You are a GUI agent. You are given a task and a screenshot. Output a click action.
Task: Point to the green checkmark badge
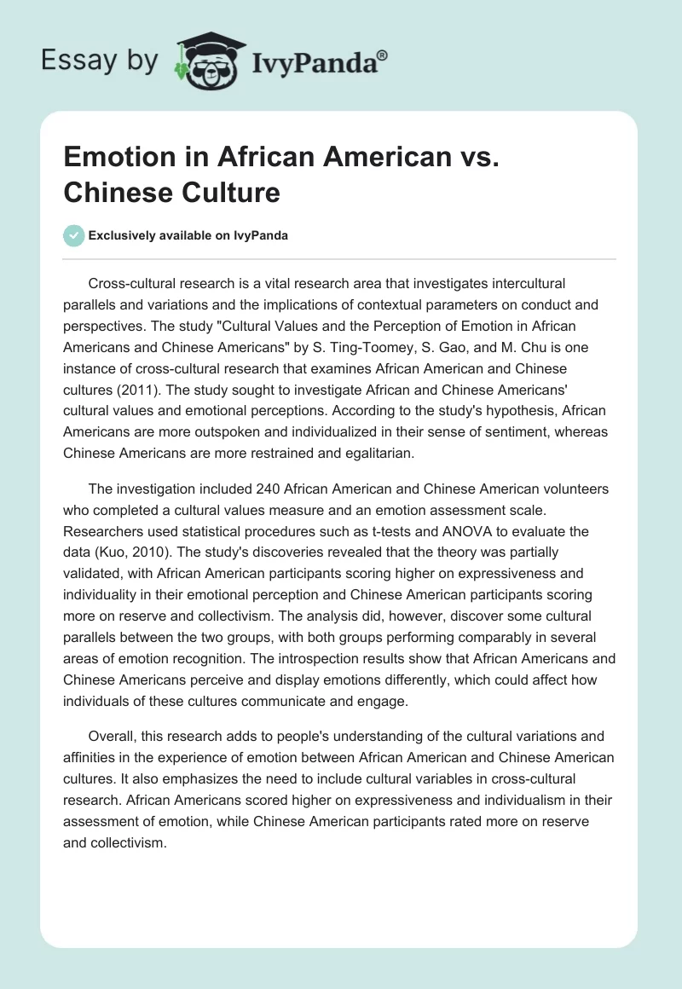coord(74,235)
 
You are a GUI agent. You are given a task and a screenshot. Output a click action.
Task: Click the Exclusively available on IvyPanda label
coord(188,235)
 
